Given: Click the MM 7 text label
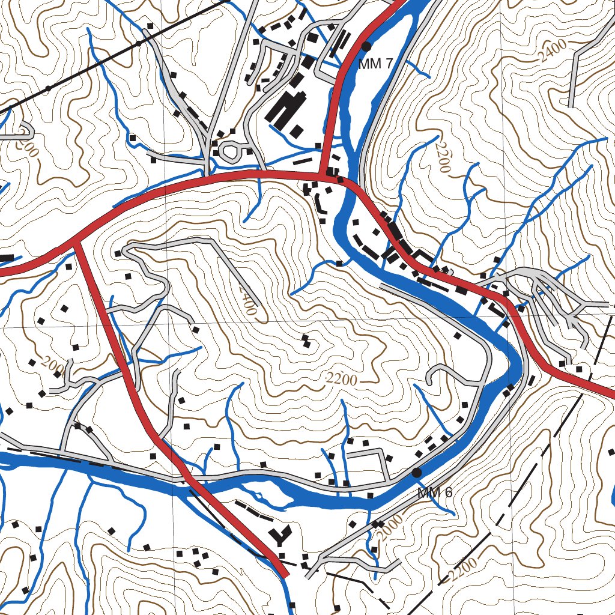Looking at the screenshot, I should pos(376,64).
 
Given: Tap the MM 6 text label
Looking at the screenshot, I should pos(435,493).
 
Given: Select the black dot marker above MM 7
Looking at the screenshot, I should pos(366,46).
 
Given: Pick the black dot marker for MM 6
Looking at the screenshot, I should pos(417,473).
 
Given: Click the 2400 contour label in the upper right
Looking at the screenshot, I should pos(551,51).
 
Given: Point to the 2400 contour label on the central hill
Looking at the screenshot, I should pos(246,300).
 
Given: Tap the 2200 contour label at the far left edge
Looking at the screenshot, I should pos(26,142).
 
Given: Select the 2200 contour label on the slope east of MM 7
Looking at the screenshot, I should pos(443,157).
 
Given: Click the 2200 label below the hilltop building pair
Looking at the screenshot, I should pos(342,379).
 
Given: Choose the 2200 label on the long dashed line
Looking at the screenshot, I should pos(463,570).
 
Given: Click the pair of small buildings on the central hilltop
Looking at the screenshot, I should pos(306,341).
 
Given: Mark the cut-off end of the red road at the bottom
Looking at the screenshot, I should pos(283,573).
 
